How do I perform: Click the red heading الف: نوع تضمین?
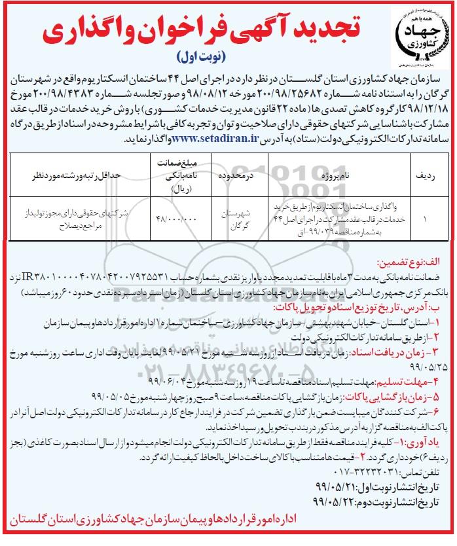click(420, 259)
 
